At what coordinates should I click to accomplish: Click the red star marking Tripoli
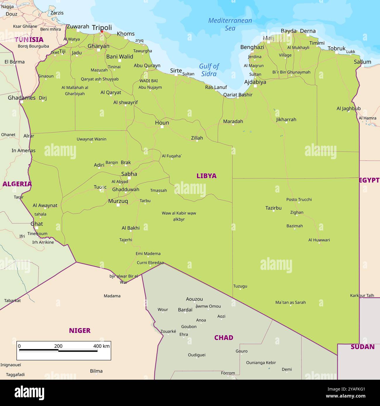102,32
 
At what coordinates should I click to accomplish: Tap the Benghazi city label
252,47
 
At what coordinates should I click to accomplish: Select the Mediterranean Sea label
230,24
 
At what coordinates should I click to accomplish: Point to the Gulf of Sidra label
209,70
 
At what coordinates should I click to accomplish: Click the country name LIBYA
206,176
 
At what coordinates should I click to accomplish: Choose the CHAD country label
224,338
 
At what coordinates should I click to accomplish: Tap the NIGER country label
80,331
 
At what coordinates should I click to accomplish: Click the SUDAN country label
362,347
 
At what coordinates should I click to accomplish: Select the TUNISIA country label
29,40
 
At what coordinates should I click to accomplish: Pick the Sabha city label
129,174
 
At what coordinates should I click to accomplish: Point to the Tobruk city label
336,48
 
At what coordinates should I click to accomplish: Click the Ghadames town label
22,98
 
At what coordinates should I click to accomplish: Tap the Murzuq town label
118,201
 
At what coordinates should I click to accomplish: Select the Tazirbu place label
273,208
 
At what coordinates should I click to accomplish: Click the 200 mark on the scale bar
58,346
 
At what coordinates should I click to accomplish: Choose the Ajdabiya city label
255,82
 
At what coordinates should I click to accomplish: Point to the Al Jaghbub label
348,109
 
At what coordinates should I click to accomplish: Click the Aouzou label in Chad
194,299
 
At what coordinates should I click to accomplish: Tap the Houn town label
162,123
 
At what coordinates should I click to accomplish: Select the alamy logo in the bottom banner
29,393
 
